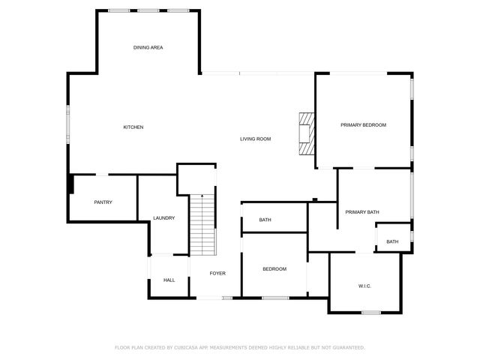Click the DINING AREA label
148,47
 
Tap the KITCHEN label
133,127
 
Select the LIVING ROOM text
255,139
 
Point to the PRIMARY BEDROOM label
363,124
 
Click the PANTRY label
103,202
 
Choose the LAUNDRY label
163,218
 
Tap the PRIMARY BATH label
362,212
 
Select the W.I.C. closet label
365,286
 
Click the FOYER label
217,273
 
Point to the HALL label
169,280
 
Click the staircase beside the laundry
202,225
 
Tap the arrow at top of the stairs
202,196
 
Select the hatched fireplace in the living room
306,133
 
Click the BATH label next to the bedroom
265,220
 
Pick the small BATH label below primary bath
392,241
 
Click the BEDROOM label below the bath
274,268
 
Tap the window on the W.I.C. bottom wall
371,312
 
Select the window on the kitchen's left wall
68,121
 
